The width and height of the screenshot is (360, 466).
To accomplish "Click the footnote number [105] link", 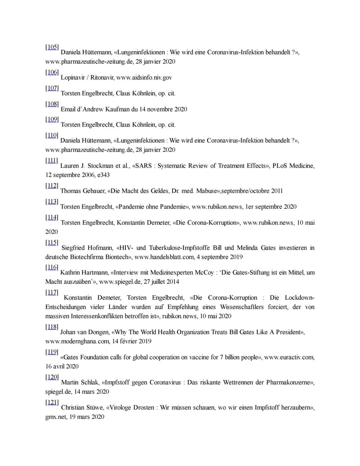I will pyautogui.click(x=52, y=47).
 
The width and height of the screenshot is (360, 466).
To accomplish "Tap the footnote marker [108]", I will pyautogui.click(x=52, y=104).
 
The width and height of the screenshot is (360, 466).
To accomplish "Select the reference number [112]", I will pyautogui.click(x=52, y=186).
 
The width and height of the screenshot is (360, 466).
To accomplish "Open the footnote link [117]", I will pyautogui.click(x=52, y=292).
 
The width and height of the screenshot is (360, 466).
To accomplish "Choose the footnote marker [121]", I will pyautogui.click(x=52, y=402).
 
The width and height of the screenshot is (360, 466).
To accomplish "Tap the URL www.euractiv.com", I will pyautogui.click(x=289, y=357).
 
